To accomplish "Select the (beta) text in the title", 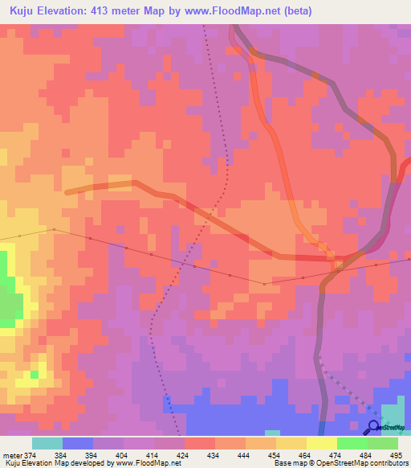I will pos(294,11).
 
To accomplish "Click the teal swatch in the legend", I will pos(47,443).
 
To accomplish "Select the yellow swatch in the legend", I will pos(321,443).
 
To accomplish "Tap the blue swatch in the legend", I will pos(77,443).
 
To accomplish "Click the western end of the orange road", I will pos(67,191).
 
